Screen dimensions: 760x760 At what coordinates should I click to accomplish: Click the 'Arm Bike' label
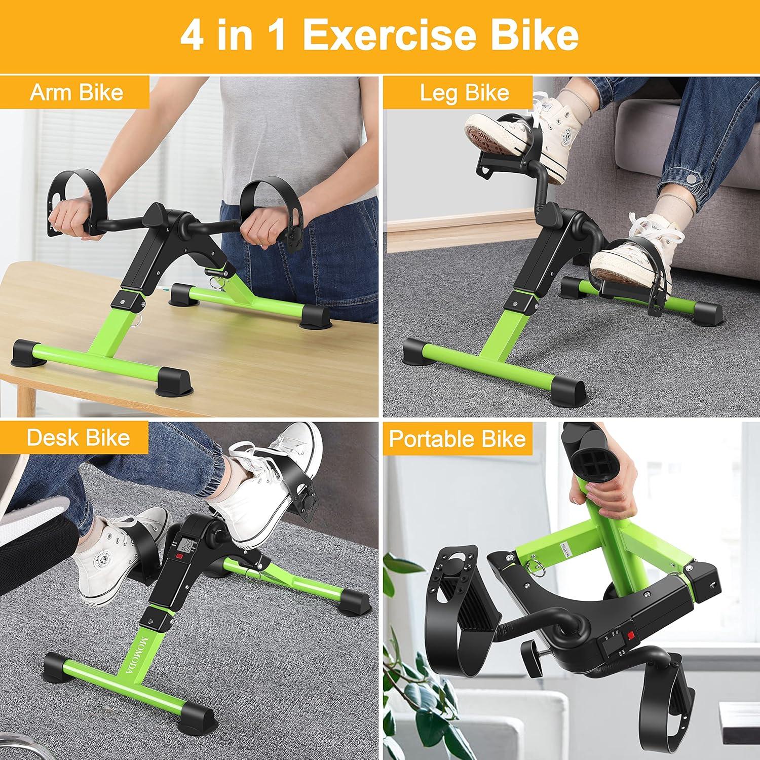click(76, 93)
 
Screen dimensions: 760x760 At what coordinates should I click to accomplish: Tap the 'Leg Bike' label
click(465, 93)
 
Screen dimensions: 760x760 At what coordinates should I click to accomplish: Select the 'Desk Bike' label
click(78, 437)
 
